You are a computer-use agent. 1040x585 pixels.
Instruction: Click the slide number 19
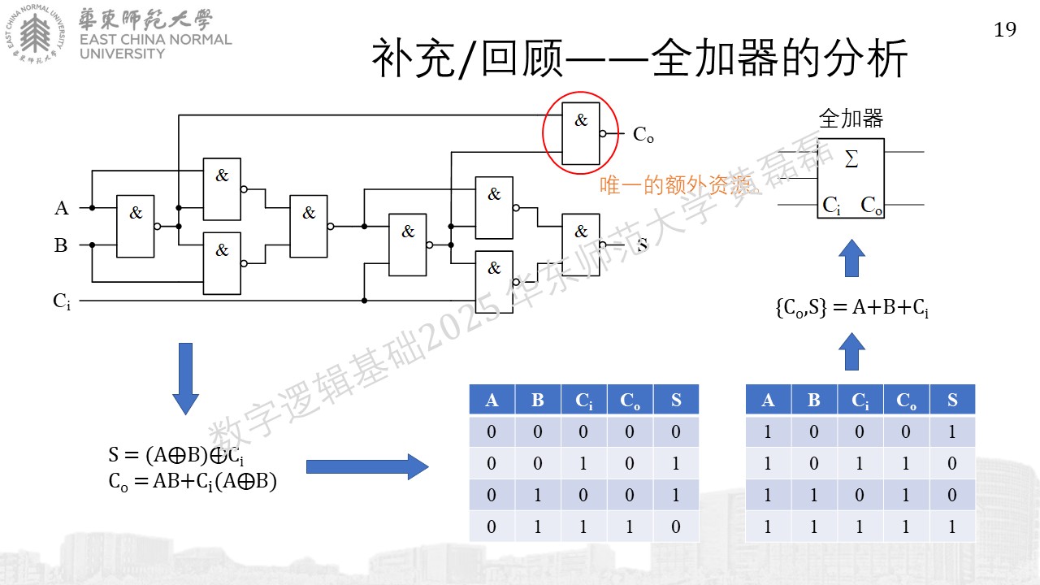click(x=1005, y=30)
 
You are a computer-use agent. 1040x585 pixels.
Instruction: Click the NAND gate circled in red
click(x=580, y=134)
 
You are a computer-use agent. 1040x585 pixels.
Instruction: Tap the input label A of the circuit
click(x=61, y=208)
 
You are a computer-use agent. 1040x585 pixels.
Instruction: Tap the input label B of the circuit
click(x=61, y=245)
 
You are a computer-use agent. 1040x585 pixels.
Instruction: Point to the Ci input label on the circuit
click(x=62, y=301)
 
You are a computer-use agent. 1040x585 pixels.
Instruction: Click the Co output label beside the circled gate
click(x=643, y=135)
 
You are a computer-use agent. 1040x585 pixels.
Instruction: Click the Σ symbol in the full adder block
click(x=851, y=158)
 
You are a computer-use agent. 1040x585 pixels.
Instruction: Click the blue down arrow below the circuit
click(x=186, y=379)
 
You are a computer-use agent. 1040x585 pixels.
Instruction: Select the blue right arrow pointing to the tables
click(x=367, y=466)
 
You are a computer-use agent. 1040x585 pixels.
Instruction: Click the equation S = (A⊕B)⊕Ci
click(x=176, y=455)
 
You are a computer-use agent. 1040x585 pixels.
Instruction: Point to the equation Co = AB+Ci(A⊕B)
click(x=193, y=482)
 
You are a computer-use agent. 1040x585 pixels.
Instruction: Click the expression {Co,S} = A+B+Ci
click(x=852, y=307)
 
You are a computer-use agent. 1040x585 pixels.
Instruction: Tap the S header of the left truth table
click(x=676, y=400)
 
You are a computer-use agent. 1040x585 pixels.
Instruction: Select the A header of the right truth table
click(x=768, y=400)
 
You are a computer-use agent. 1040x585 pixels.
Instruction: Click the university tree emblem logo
click(x=35, y=33)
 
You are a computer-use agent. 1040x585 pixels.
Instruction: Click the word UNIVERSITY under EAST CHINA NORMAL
click(x=122, y=54)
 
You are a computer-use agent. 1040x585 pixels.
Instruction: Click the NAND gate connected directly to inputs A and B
click(x=135, y=227)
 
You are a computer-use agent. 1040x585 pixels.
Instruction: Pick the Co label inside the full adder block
click(x=871, y=206)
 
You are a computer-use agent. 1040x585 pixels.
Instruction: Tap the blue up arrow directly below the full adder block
click(x=851, y=258)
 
